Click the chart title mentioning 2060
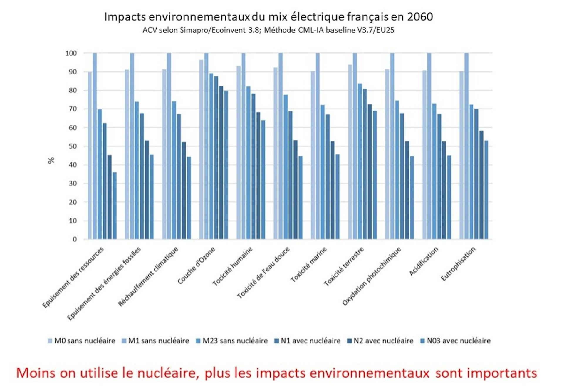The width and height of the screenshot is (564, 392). pyautogui.click(x=268, y=17)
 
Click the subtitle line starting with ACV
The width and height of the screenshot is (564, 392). pyautogui.click(x=268, y=30)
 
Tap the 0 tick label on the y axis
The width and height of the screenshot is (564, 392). pyautogui.click(x=75, y=239)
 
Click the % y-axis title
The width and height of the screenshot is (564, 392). pyautogui.click(x=51, y=160)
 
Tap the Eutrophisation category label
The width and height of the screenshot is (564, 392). pyautogui.click(x=458, y=264)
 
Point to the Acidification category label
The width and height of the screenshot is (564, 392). pyautogui.click(x=423, y=261)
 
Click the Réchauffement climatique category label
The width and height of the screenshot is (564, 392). pyautogui.click(x=148, y=276)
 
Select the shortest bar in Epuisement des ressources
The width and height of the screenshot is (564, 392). pyautogui.click(x=114, y=206)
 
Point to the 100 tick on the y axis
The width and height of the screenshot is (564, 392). pyautogui.click(x=71, y=53)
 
